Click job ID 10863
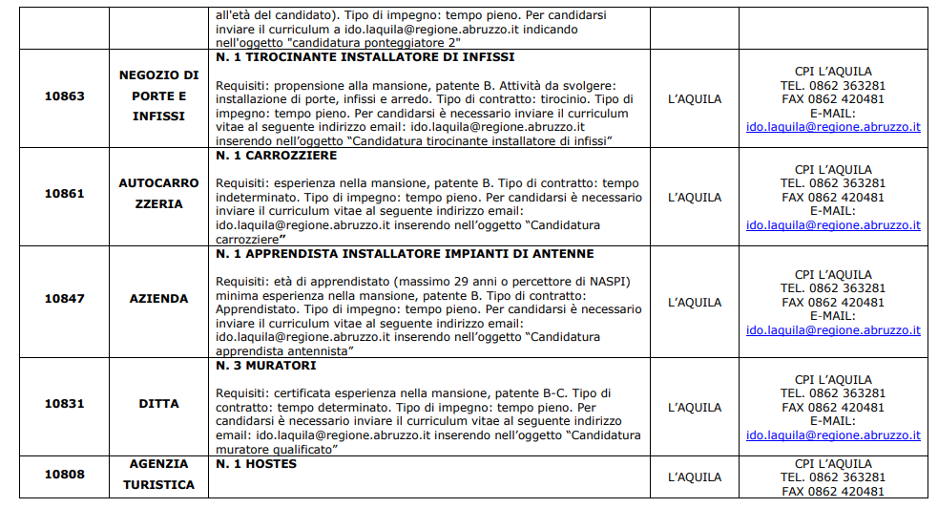click(x=64, y=95)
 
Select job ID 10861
click(x=64, y=193)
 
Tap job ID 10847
click(x=64, y=299)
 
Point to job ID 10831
click(x=64, y=404)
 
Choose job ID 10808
click(x=64, y=475)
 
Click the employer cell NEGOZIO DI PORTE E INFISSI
click(x=158, y=95)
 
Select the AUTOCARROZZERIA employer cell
click(x=158, y=193)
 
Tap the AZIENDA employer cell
click(x=158, y=299)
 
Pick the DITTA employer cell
click(x=158, y=404)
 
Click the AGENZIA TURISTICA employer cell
click(x=158, y=475)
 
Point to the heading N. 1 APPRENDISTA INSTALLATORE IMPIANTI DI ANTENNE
click(x=405, y=254)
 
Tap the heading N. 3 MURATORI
click(x=265, y=366)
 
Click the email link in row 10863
click(x=832, y=126)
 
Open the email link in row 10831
click(x=832, y=435)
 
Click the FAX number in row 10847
click(x=832, y=303)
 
